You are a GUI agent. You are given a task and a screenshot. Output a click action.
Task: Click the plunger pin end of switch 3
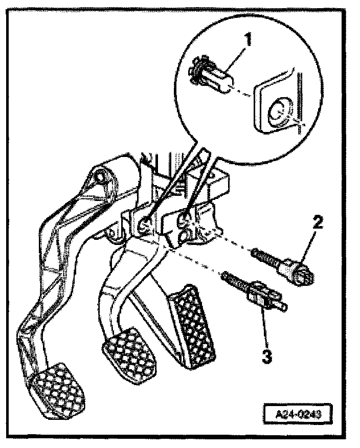coord(282,307)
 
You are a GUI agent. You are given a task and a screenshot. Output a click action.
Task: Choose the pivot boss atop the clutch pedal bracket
coord(102,179)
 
